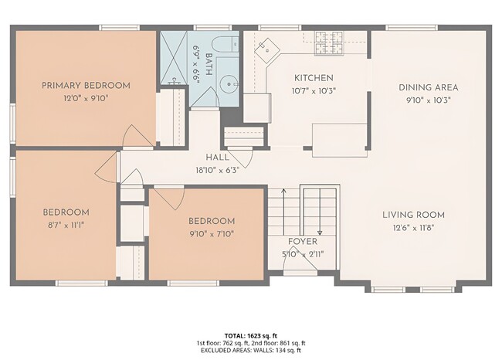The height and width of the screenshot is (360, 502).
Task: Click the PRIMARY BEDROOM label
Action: pos(85,85)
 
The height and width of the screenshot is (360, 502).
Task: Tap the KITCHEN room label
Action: pos(314,78)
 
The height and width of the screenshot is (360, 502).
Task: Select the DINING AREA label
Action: pos(429,87)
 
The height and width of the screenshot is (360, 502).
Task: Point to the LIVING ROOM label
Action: pos(413,215)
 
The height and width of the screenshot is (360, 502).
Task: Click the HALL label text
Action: pos(217,158)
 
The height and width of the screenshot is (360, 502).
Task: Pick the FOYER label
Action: pos(302,242)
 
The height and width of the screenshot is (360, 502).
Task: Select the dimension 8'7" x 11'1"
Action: pos(65,225)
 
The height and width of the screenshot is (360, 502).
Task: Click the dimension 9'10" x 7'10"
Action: pos(212,233)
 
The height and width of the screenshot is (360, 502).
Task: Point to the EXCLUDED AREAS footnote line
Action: pos(251,349)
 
